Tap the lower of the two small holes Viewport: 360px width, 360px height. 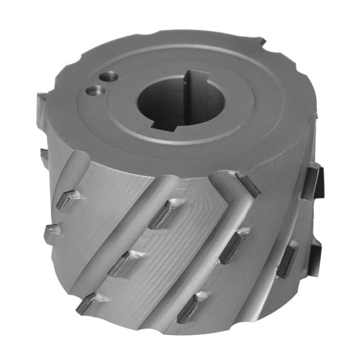click(95, 91)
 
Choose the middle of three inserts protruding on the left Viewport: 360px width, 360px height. click(44, 154)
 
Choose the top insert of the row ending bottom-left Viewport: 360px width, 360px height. click(162, 213)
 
